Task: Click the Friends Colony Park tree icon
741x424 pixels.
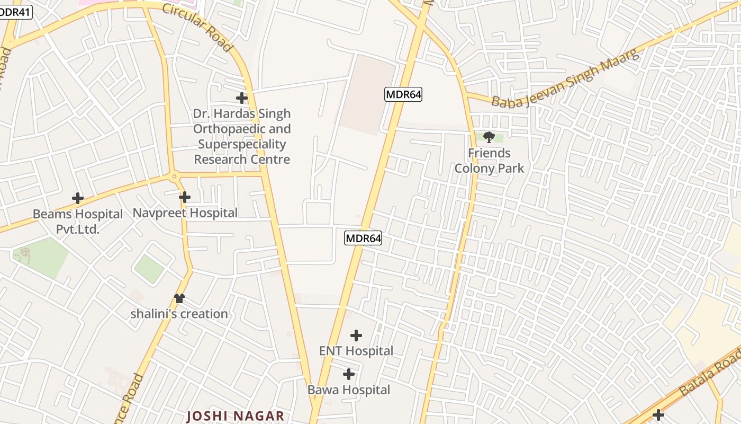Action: pyautogui.click(x=489, y=137)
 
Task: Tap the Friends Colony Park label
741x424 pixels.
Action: pyautogui.click(x=489, y=161)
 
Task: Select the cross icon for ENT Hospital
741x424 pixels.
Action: pyautogui.click(x=356, y=335)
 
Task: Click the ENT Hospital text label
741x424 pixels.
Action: pyautogui.click(x=356, y=351)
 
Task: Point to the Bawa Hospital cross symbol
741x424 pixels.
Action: pyautogui.click(x=349, y=375)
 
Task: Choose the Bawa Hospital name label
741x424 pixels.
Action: pyautogui.click(x=349, y=390)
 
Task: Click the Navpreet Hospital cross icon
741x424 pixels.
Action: pyautogui.click(x=185, y=198)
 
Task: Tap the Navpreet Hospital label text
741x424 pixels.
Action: pyautogui.click(x=185, y=213)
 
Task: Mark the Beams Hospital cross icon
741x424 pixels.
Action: pyautogui.click(x=78, y=199)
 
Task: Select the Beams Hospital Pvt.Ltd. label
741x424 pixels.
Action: pyautogui.click(x=78, y=222)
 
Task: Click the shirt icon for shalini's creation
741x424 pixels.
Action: pyautogui.click(x=179, y=298)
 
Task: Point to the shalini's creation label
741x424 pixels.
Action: pyautogui.click(x=179, y=314)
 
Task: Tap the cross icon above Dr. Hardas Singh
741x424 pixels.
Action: pyautogui.click(x=242, y=98)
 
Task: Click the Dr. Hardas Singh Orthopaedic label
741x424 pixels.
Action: pyautogui.click(x=242, y=136)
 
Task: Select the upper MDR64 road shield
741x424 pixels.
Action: pyautogui.click(x=403, y=95)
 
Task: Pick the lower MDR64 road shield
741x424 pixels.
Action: pyautogui.click(x=363, y=238)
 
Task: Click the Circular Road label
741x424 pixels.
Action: pyautogui.click(x=197, y=28)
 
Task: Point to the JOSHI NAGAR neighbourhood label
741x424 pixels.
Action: pyautogui.click(x=235, y=416)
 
